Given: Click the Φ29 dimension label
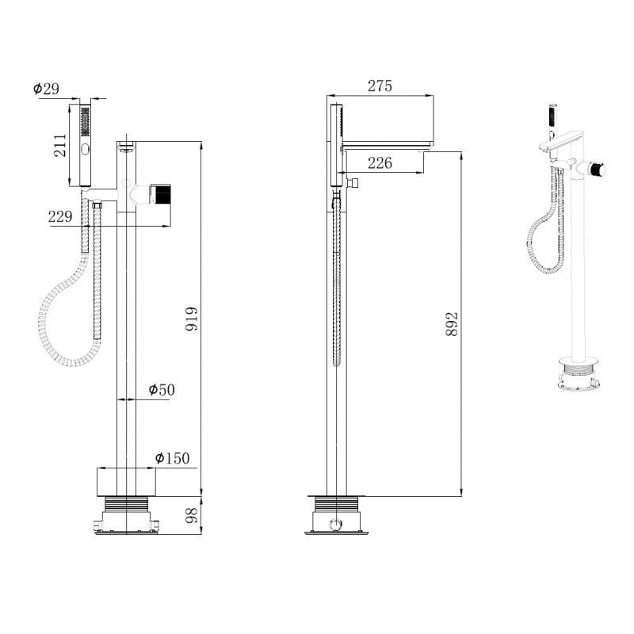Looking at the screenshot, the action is click(46, 89).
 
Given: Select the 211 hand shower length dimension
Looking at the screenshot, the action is click(60, 145).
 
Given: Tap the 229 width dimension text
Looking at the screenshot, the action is click(60, 216).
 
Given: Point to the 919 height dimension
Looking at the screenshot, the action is click(192, 319).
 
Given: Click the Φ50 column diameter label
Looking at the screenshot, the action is click(162, 390).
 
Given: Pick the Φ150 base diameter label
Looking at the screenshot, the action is click(172, 458).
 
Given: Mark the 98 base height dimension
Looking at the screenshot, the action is click(192, 515).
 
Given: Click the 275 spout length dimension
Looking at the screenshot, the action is click(380, 86).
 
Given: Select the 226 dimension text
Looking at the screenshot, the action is click(380, 162).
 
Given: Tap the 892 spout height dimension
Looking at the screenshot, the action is click(452, 324).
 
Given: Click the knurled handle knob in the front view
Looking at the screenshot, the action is click(161, 193).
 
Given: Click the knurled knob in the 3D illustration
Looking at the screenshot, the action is click(597, 169).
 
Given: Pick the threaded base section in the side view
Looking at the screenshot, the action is click(336, 503).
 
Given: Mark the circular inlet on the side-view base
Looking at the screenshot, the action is click(335, 525).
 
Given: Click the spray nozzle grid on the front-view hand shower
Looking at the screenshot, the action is click(86, 121).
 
